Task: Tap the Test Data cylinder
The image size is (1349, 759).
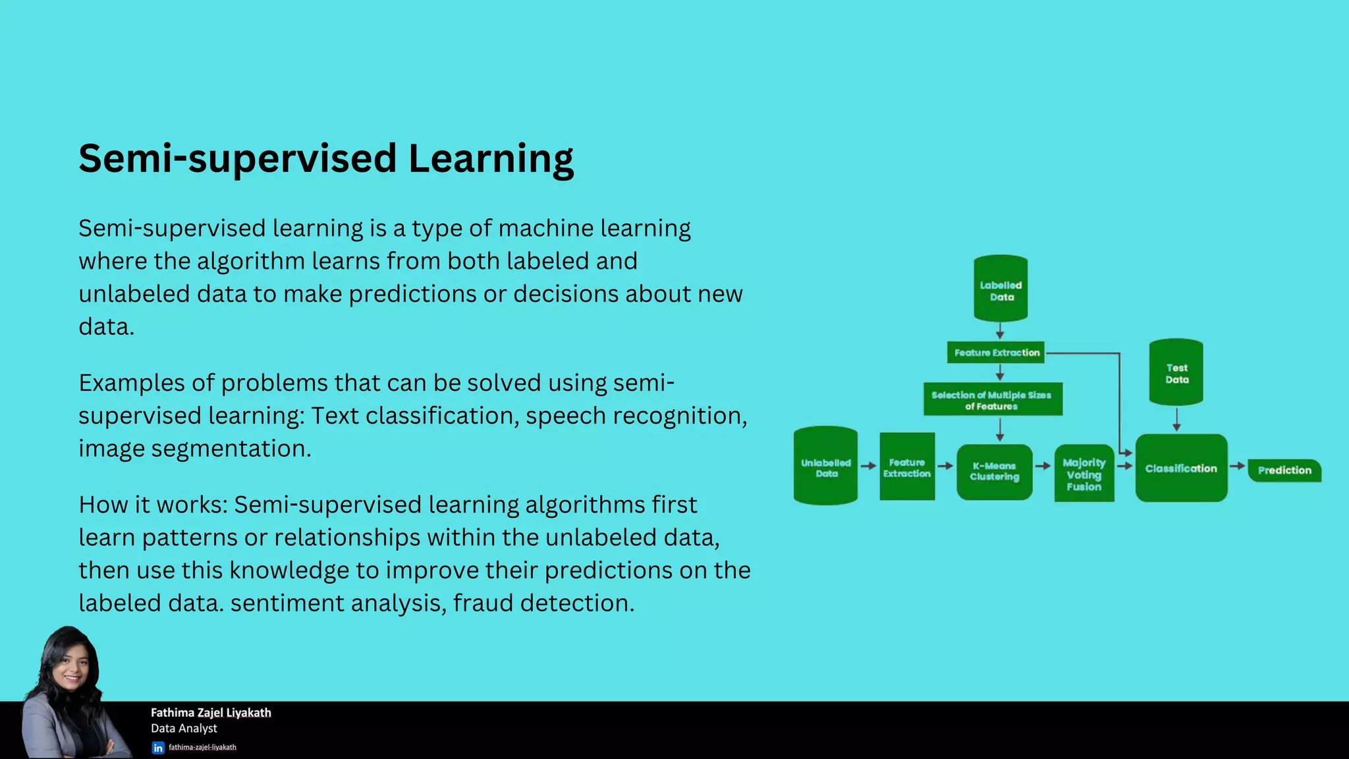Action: coord(1176,372)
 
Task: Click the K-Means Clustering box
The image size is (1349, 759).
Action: coord(994,471)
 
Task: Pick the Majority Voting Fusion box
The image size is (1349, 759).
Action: coord(1084,474)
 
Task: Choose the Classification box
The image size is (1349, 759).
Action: coord(1181,468)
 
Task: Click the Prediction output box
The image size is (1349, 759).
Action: coord(1284,470)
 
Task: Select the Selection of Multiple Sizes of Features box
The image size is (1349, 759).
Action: coord(992,399)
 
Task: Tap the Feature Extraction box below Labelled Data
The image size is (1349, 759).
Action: coord(996,352)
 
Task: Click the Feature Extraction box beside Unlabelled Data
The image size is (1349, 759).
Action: coord(907,466)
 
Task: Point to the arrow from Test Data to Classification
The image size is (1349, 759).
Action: coord(1176,419)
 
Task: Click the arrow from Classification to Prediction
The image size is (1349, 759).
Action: coord(1237,466)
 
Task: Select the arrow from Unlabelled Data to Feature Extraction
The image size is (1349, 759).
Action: coord(868,466)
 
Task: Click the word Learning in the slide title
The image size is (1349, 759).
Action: coord(490,159)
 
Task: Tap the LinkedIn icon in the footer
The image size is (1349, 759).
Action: coord(158,748)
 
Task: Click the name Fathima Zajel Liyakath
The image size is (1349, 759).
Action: coord(211,712)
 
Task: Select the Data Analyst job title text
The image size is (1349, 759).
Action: coord(184,728)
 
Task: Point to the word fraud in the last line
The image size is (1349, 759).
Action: coord(482,603)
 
